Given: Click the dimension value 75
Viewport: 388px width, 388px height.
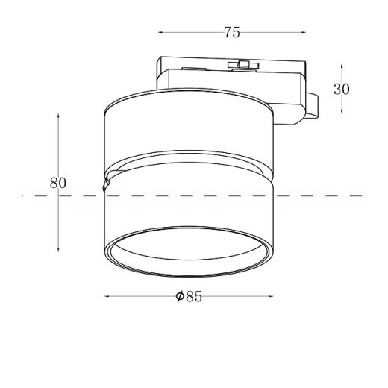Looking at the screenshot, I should (232, 32).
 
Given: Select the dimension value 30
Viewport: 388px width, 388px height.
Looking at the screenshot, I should (342, 88).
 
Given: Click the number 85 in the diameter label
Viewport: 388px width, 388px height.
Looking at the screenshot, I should (194, 297).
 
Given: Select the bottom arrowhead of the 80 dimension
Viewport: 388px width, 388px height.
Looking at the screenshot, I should (58, 250).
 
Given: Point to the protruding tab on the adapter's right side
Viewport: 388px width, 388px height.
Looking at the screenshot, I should (314, 104).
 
